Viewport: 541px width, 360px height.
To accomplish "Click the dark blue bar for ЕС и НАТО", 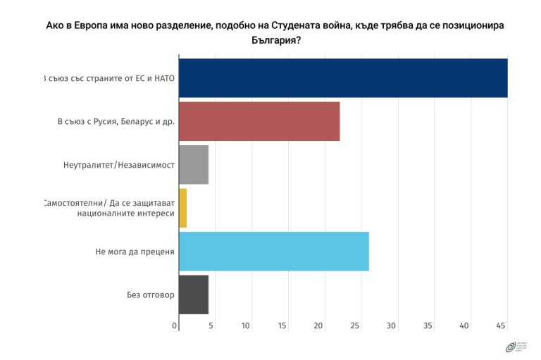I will (x=343, y=77).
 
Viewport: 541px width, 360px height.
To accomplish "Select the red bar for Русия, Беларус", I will (x=259, y=121).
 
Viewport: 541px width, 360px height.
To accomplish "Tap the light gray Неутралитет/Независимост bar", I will (x=194, y=164).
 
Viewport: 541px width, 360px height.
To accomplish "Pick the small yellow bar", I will (x=182, y=208).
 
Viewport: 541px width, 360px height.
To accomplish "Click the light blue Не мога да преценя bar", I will (x=274, y=251).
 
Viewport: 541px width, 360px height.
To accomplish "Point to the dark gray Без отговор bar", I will (x=194, y=294).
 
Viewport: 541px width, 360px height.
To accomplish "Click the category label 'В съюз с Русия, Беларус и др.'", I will (x=116, y=121).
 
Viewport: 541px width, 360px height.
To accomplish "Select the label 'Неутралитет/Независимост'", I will (x=118, y=165).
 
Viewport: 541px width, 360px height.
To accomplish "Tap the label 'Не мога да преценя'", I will (x=135, y=252).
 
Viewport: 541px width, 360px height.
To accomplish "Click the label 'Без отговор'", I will (x=146, y=294).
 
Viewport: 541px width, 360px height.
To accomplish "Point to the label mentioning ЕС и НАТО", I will (x=109, y=78).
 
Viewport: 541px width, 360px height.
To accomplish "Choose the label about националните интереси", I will (x=109, y=208).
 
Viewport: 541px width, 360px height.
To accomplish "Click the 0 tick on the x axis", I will (x=175, y=325).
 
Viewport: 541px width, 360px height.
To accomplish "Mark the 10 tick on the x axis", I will (x=246, y=325).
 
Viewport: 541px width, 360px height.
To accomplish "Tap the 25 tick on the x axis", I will (x=355, y=325).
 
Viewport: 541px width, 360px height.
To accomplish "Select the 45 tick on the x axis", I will (x=501, y=325).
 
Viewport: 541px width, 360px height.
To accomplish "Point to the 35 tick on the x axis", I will (x=428, y=325).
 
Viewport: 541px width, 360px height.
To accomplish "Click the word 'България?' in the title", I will (x=276, y=40).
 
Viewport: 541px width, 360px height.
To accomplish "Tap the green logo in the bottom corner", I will (x=510, y=347).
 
